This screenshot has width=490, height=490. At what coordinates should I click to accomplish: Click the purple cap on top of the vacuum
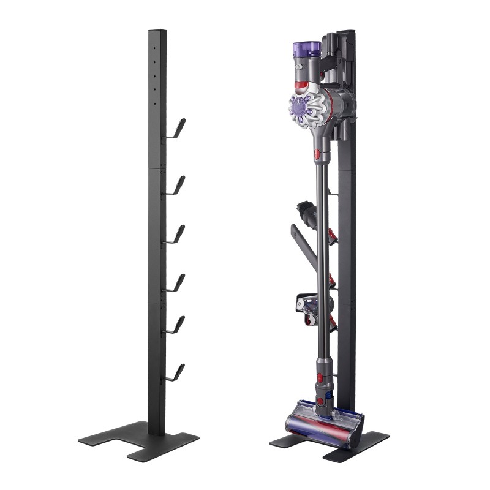pyautogui.click(x=307, y=49)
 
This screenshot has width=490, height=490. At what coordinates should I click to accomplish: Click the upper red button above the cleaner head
pyautogui.click(x=322, y=373)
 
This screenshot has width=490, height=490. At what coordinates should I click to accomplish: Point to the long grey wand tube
pyautogui.click(x=322, y=263)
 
